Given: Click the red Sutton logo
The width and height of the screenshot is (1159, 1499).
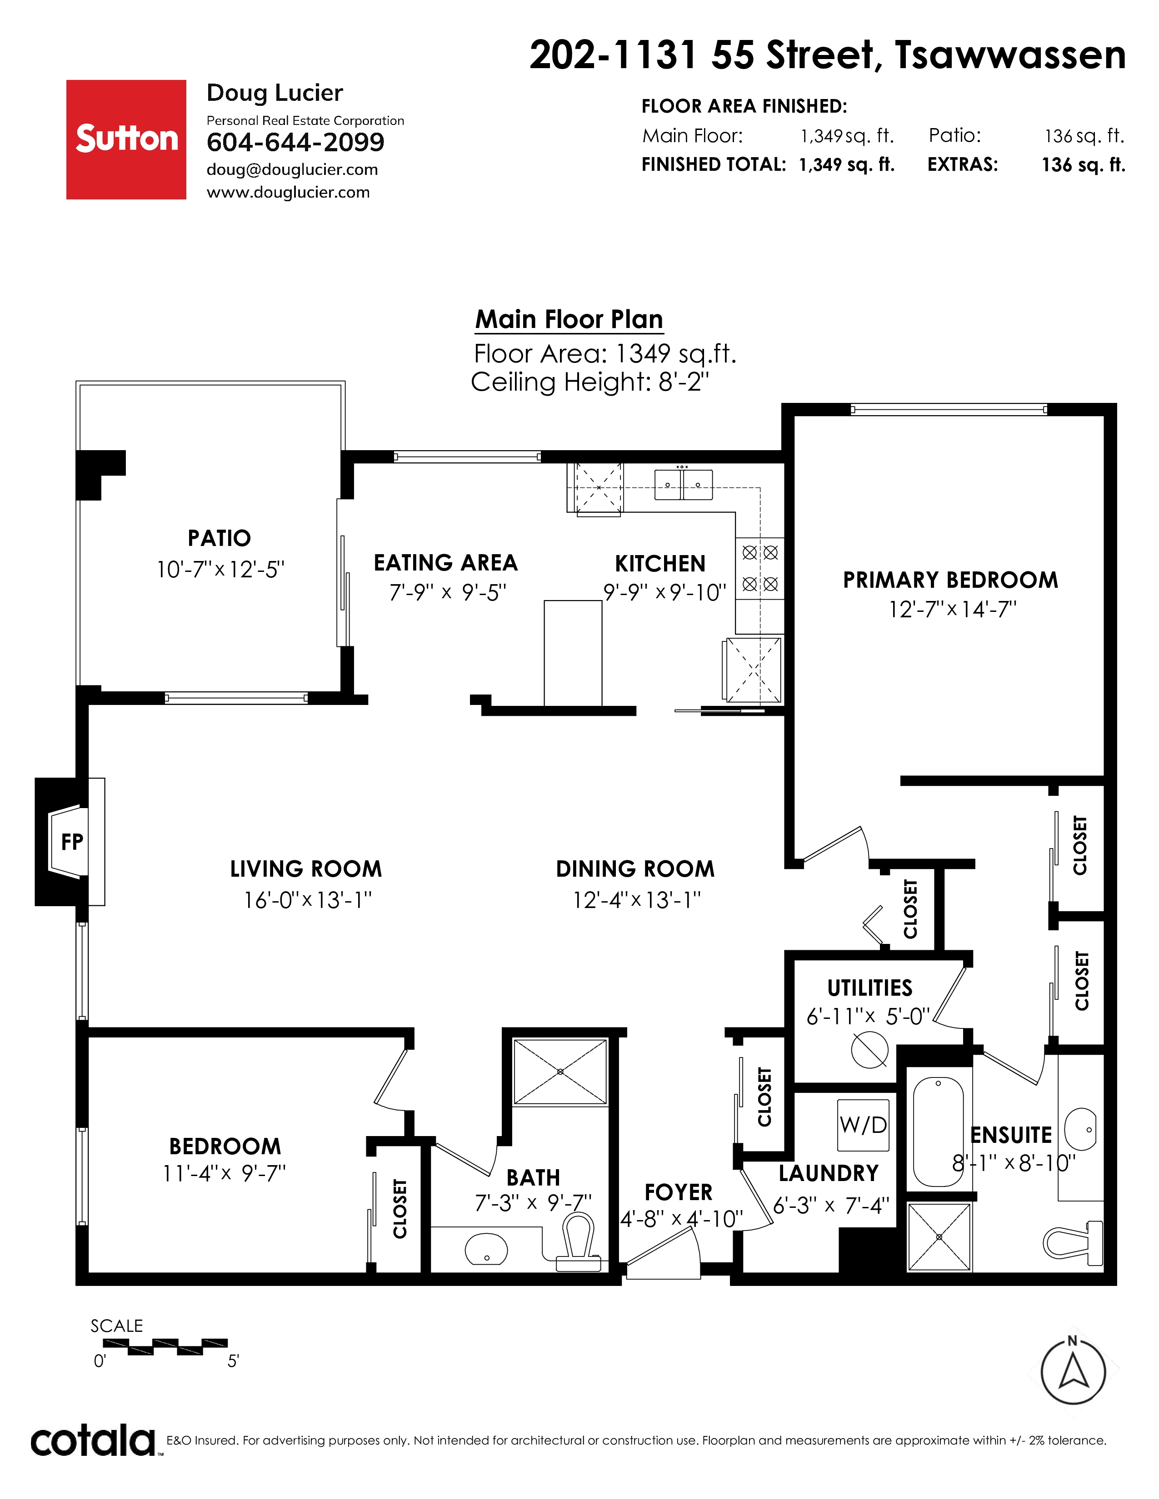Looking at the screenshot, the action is click(x=126, y=139).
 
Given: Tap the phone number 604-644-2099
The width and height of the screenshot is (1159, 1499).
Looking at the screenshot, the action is click(x=295, y=142).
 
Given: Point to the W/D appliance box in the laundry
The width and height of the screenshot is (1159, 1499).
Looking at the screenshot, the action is click(x=863, y=1125).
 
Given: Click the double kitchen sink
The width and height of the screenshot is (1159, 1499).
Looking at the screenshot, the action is click(x=683, y=485).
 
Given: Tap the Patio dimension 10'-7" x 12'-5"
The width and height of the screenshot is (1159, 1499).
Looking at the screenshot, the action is click(x=220, y=570).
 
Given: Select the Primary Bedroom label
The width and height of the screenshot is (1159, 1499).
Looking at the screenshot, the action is click(x=950, y=580).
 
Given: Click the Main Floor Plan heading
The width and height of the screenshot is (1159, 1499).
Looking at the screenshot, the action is click(x=569, y=320).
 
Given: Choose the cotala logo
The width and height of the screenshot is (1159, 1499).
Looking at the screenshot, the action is click(x=93, y=1441).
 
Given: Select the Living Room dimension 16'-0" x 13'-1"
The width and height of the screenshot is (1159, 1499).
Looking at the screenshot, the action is click(x=308, y=900).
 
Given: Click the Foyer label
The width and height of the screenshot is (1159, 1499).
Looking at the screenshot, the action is click(x=679, y=1192).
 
